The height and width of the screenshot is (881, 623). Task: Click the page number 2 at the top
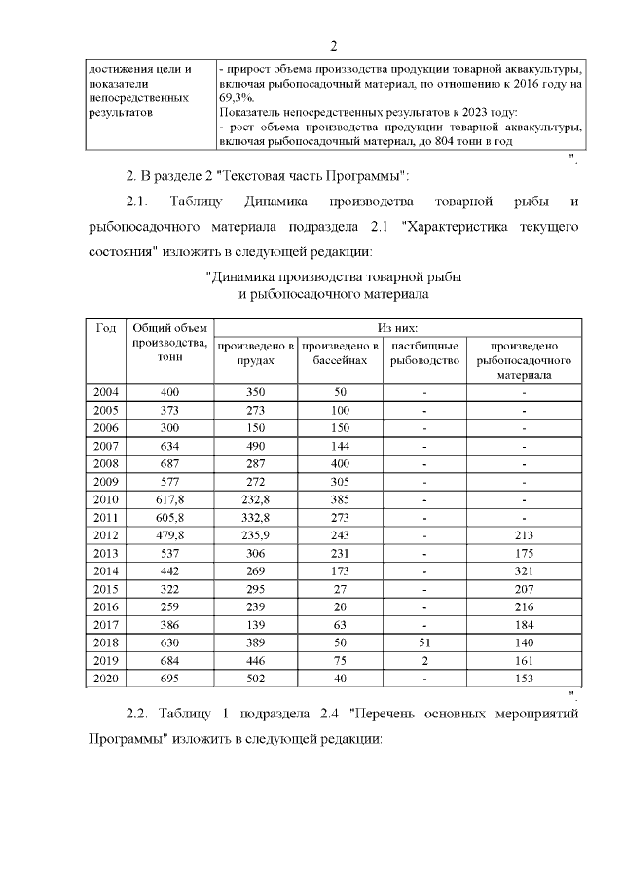click(333, 46)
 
